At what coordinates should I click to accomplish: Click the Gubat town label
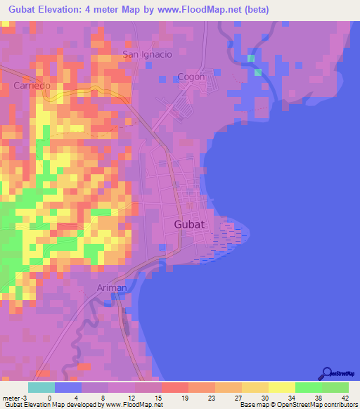(188, 225)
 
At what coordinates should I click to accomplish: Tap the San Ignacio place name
(147, 54)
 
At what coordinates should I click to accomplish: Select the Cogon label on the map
(191, 77)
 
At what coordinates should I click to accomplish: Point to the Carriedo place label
(32, 86)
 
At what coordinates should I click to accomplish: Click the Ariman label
(112, 287)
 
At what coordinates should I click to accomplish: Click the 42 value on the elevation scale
(345, 397)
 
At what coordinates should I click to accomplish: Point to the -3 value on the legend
(25, 397)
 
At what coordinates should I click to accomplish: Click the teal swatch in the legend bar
(41, 387)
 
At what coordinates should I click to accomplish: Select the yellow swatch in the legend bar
(282, 387)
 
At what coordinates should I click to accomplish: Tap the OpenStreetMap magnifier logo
(326, 372)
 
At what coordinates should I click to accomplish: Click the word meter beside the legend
(10, 397)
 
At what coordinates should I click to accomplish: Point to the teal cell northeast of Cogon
(258, 72)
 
